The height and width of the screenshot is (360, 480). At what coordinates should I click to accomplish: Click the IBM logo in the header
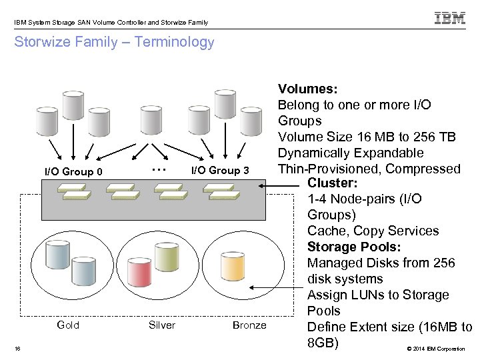pos(450,19)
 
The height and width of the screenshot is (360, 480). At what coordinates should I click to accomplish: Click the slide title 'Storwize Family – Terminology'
pos(114,43)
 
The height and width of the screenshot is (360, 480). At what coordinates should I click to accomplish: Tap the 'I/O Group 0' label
pos(73,172)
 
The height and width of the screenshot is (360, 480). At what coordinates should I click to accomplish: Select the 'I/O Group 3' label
pos(220,171)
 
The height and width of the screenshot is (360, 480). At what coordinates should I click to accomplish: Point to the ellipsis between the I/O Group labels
pos(158,169)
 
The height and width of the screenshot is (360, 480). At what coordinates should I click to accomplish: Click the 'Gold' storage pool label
pos(68,325)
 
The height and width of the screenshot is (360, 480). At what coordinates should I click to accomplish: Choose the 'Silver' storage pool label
pos(162,325)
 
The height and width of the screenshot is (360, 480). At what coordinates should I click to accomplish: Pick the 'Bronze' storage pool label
pos(249,325)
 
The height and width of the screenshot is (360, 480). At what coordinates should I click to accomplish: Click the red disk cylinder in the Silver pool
pos(141,271)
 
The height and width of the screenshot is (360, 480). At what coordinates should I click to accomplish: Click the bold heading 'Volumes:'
pos(307,89)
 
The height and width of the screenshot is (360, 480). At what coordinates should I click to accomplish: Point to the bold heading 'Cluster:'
pos(333,183)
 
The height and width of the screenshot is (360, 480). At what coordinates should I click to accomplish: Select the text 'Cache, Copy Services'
pos(373,231)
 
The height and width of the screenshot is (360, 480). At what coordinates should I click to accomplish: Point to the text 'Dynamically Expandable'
pos(351,153)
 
